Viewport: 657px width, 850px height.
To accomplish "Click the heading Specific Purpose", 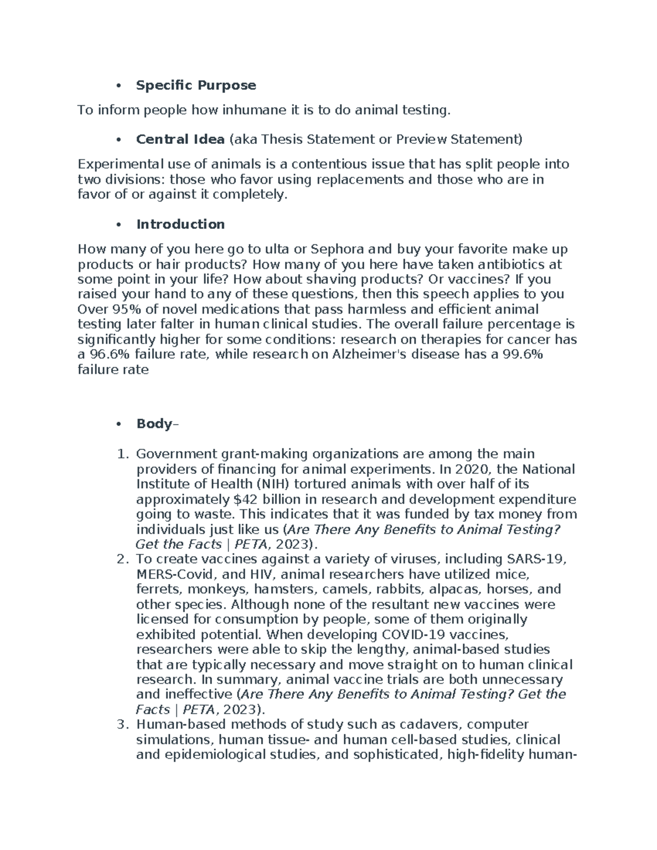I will coord(195,85).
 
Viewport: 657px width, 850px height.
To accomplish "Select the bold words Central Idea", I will coord(180,140).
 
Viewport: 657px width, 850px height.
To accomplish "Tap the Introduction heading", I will coord(180,224).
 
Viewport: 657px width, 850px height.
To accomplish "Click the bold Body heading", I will coord(154,424).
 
